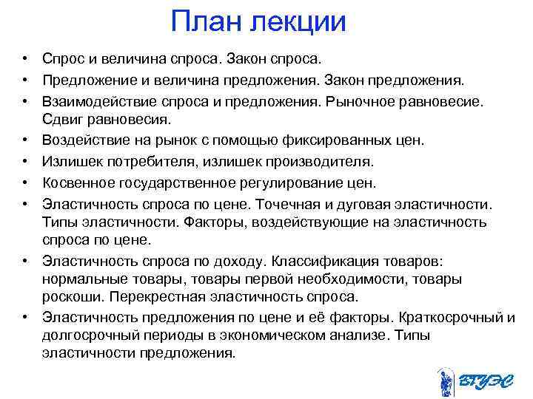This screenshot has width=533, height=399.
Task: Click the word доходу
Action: point(242,261)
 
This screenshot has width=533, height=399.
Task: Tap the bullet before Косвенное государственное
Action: point(24,182)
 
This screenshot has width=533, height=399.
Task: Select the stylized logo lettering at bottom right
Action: point(482,381)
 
